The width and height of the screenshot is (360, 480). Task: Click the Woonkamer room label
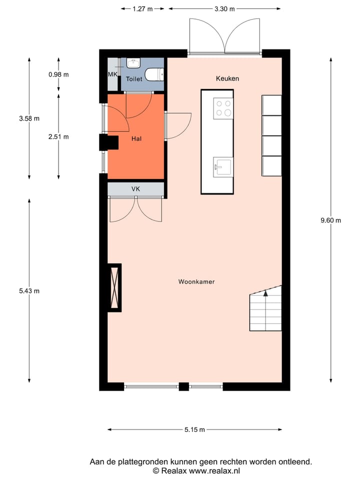click(x=196, y=282)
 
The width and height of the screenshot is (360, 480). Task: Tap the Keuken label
click(x=227, y=78)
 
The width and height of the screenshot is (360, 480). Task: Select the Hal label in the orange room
click(x=136, y=138)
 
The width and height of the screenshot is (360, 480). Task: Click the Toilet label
click(x=134, y=79)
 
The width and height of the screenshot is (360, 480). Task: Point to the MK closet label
click(x=112, y=74)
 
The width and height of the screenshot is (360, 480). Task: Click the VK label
click(x=135, y=189)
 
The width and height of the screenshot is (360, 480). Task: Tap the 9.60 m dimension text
click(x=330, y=220)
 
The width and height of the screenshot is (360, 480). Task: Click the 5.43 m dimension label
click(x=29, y=291)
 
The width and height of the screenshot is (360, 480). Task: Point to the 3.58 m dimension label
click(x=29, y=118)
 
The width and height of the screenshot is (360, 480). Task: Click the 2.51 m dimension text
click(x=58, y=136)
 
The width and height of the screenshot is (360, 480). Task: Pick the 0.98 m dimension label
click(x=58, y=74)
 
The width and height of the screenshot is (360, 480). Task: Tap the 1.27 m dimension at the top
click(x=142, y=8)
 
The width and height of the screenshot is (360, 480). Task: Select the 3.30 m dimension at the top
click(x=224, y=8)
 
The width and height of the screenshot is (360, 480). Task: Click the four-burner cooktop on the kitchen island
click(x=223, y=107)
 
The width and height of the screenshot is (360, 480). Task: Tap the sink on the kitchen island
click(x=222, y=166)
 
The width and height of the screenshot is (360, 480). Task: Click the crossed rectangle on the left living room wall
click(x=115, y=287)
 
